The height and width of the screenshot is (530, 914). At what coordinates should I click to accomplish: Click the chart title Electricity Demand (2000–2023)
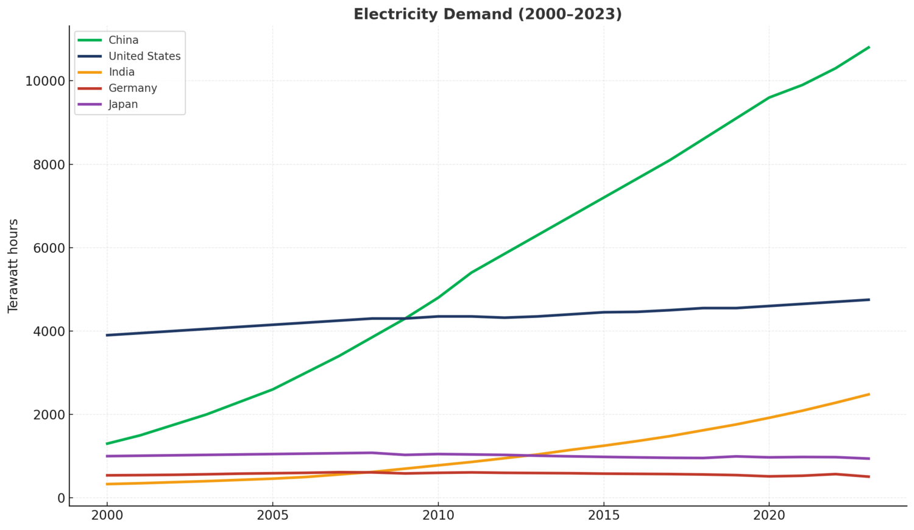point(487,14)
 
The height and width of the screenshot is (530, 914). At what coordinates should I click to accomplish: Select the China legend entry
point(123,40)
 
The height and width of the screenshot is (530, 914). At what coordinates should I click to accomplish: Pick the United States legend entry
point(144,56)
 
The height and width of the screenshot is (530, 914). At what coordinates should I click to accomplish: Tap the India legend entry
point(121,72)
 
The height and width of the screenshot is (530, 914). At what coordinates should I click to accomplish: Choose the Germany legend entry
point(132,88)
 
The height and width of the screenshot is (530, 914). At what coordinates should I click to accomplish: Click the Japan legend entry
point(123,104)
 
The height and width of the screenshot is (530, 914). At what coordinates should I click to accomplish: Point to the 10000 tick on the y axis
point(44,82)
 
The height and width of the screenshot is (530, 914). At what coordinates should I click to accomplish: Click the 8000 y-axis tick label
point(48,165)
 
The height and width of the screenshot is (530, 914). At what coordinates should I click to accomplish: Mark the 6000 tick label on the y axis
point(48,249)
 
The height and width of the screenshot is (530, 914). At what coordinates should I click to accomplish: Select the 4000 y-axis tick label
point(48,332)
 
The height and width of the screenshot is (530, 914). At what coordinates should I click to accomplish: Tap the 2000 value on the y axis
point(48,415)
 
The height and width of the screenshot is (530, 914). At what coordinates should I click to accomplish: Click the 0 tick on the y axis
point(61,498)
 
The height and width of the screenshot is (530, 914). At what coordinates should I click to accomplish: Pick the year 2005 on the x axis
point(272,516)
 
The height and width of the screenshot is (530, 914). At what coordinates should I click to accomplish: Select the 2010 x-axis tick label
point(438,516)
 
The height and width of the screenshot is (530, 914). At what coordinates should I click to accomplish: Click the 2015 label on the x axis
point(603,516)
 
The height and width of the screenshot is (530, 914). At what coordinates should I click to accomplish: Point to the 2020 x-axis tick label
point(769,516)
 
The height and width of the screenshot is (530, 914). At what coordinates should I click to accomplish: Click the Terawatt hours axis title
point(13,266)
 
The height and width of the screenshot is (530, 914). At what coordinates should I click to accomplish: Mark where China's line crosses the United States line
point(405,318)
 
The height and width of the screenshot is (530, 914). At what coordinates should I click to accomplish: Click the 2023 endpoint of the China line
point(868,47)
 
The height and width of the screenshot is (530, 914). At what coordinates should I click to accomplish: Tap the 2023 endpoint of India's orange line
point(868,394)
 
